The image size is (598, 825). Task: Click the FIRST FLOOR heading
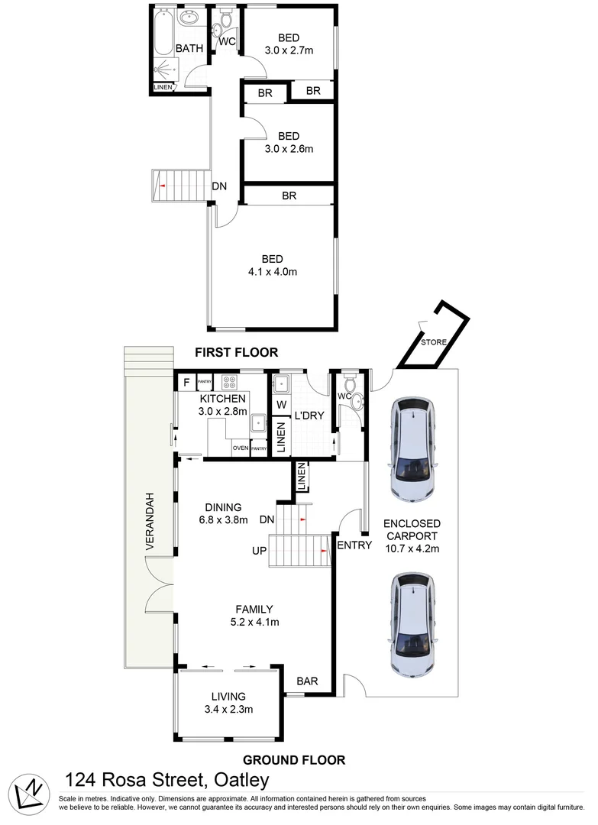click(x=236, y=353)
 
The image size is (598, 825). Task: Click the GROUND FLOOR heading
click(x=294, y=760)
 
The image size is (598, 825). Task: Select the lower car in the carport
click(x=413, y=624)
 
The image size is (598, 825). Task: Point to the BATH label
click(x=189, y=49)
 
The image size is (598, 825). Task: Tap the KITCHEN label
click(x=222, y=399)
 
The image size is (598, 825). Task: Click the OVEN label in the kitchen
click(x=240, y=448)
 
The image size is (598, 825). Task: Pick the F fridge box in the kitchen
click(x=186, y=381)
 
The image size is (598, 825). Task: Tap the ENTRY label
click(x=354, y=545)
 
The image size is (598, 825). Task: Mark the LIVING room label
click(x=228, y=697)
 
